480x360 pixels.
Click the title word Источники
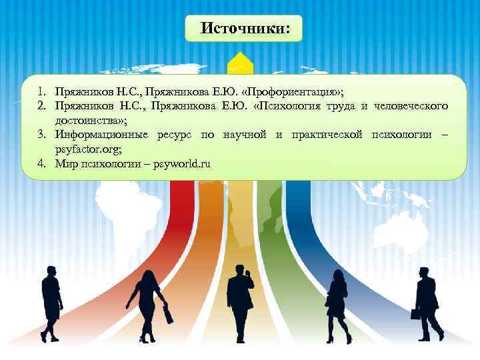(x=245, y=29)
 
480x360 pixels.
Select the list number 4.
(x=42, y=163)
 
